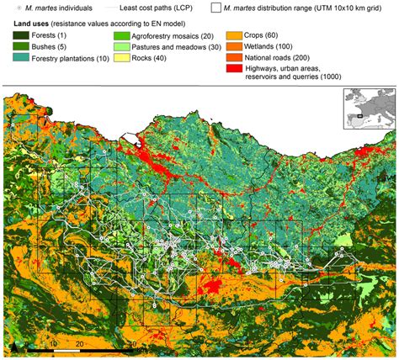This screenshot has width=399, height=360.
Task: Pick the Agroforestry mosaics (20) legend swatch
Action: point(124,34)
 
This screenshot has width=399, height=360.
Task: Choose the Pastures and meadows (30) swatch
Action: point(124,48)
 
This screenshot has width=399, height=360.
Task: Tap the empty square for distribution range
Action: point(216,8)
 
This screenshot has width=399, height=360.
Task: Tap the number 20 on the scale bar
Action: point(78,343)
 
